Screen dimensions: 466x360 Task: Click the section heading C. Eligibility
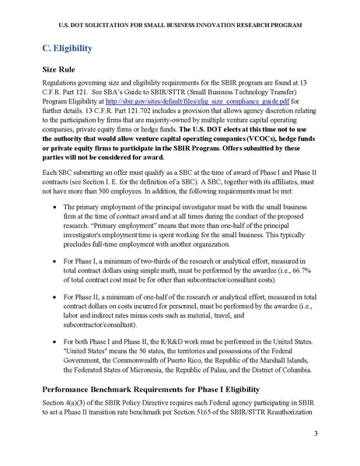[x=67, y=49]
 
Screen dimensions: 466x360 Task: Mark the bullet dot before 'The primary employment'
[x=51, y=209]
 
